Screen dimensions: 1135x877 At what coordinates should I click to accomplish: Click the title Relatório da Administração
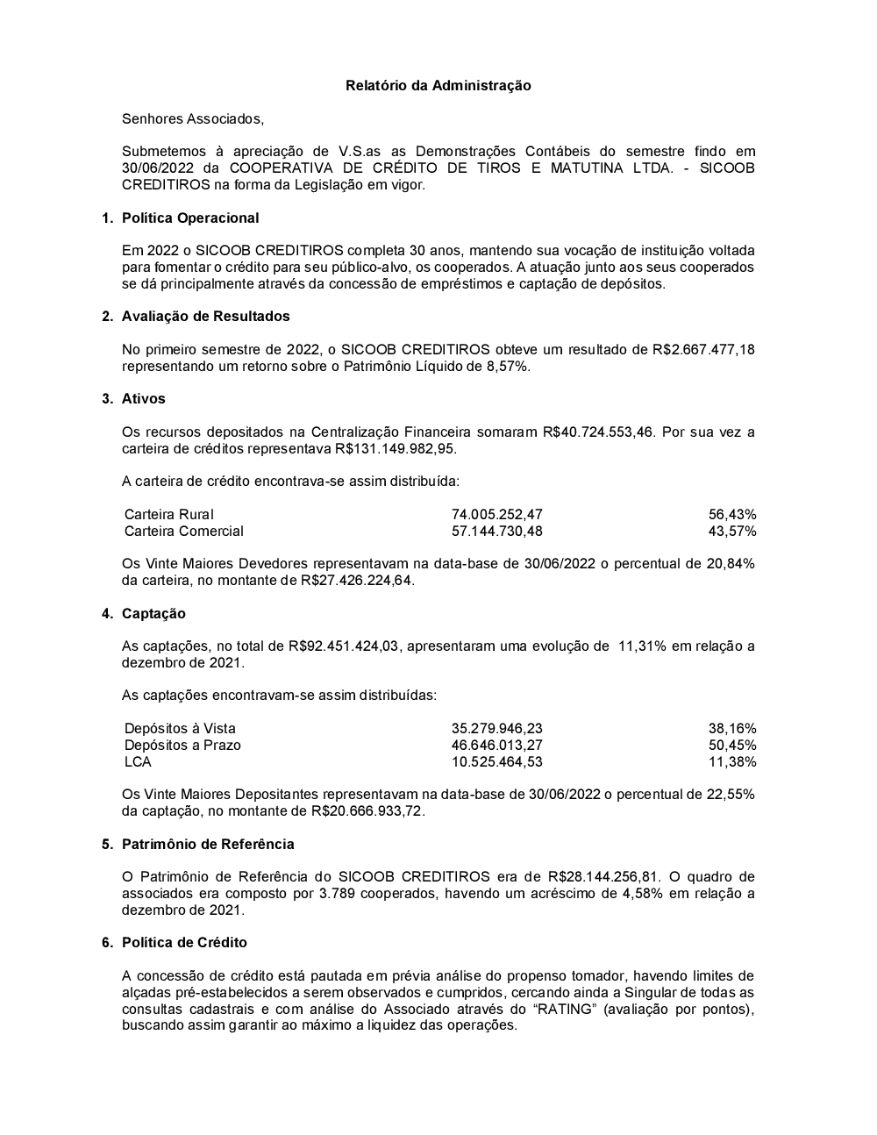point(438,85)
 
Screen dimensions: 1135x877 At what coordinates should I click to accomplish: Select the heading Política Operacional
point(190,218)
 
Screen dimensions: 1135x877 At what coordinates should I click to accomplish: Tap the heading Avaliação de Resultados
point(205,316)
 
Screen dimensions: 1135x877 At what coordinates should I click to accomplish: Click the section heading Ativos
point(143,398)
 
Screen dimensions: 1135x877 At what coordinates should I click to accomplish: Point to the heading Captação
point(153,613)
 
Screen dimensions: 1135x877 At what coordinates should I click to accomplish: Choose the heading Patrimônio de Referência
point(208,844)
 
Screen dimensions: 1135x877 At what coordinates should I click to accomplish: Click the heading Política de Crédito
point(184,942)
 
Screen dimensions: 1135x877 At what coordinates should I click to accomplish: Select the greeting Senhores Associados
point(192,118)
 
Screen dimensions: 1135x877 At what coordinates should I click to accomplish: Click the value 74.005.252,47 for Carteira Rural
point(496,514)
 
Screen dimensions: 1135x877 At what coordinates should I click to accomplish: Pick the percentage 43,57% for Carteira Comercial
point(732,531)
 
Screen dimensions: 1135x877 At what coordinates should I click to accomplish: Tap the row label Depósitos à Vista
point(180,728)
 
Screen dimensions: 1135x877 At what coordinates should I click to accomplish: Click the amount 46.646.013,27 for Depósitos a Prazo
point(496,745)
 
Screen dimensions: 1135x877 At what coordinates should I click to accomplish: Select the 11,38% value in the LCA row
point(732,761)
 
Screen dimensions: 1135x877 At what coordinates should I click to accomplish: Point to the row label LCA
point(138,761)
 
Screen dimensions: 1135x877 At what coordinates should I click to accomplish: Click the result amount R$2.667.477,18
point(703,349)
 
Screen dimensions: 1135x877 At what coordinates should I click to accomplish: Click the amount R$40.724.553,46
point(598,432)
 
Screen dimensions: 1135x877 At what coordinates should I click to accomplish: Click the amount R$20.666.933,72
point(367,810)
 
